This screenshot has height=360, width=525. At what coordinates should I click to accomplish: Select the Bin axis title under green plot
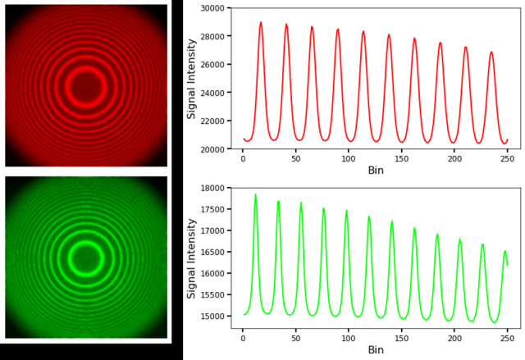point(375,349)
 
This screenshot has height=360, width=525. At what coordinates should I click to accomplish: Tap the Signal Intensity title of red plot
point(192,78)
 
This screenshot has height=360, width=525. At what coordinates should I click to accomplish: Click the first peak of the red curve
point(261,23)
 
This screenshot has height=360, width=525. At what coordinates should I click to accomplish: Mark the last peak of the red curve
point(491,52)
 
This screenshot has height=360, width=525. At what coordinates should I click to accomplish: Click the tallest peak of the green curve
point(255,195)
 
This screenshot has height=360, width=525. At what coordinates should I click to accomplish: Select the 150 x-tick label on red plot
point(402,157)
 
